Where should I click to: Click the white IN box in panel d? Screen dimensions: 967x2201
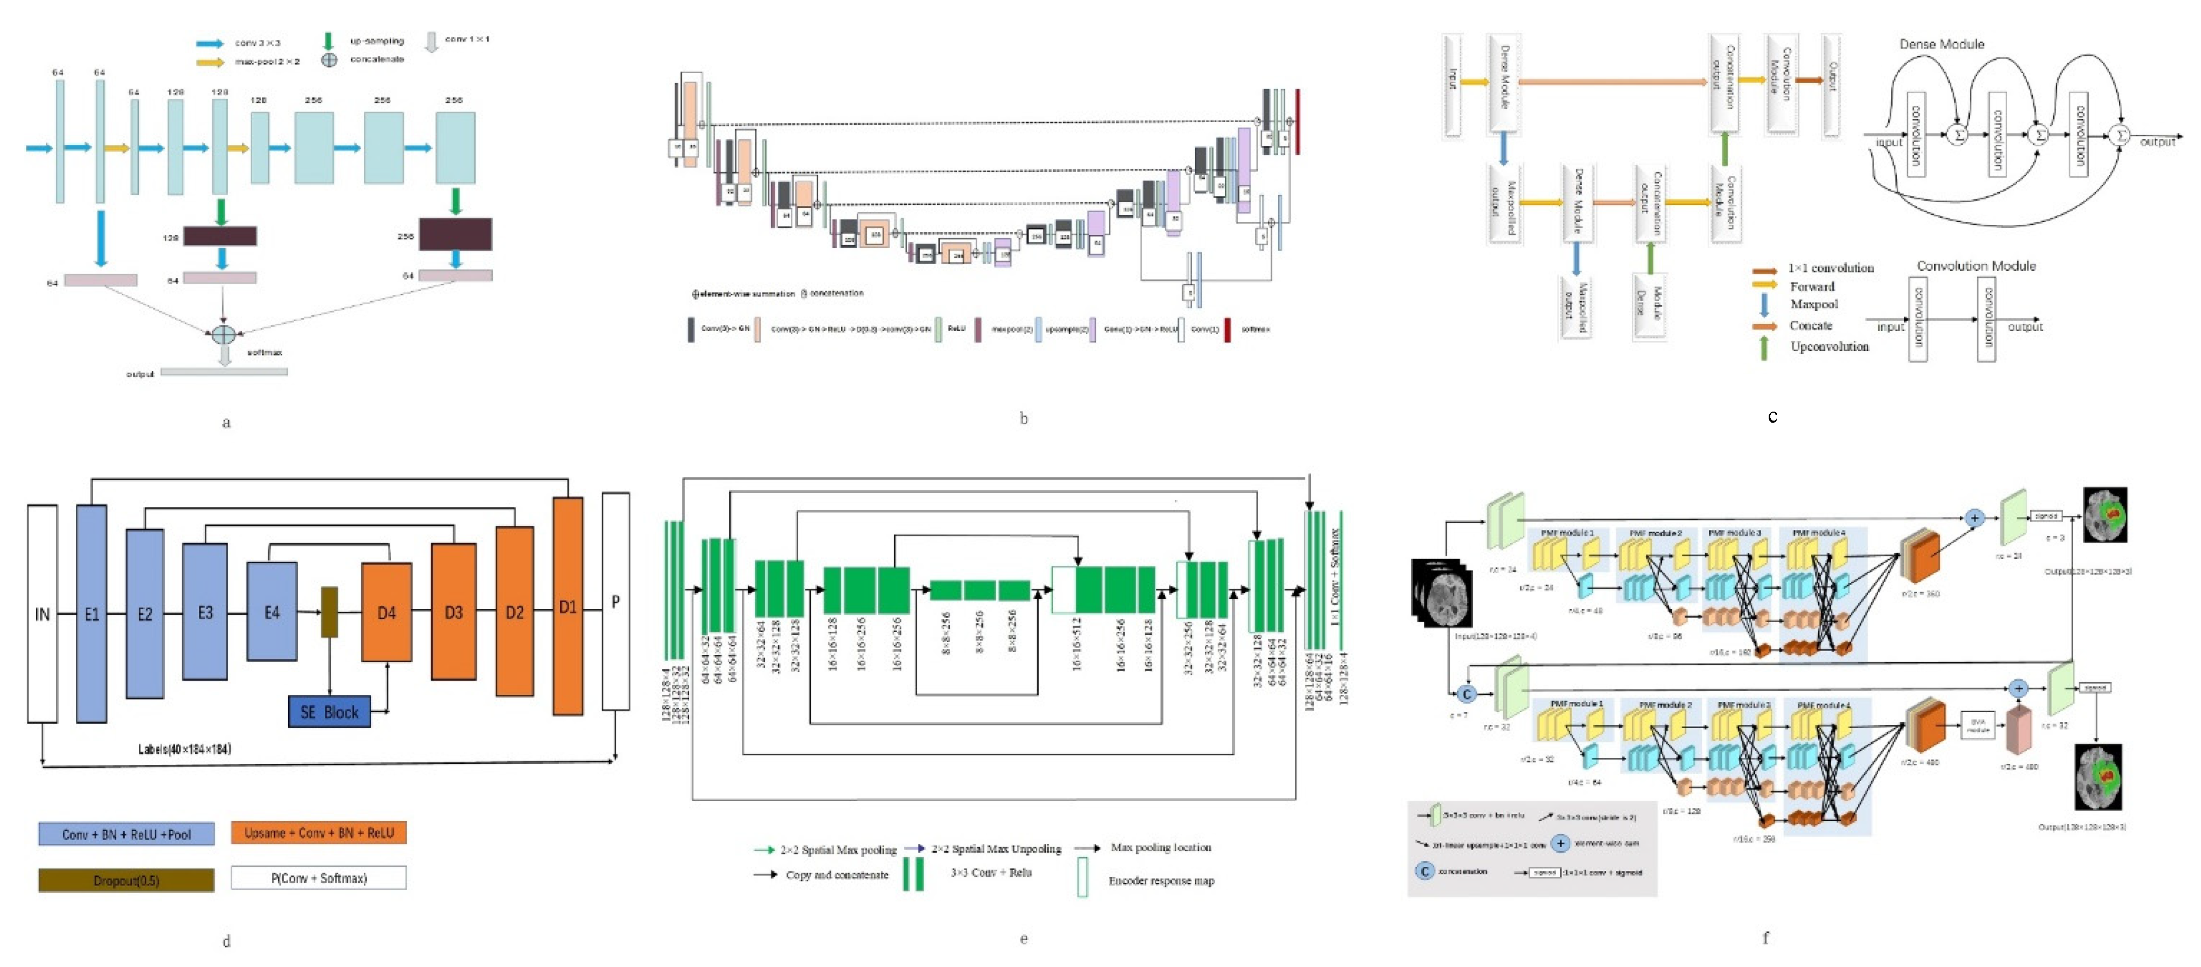tap(42, 613)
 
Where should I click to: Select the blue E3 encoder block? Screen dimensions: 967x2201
tap(205, 612)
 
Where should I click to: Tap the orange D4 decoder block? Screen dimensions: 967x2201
tap(386, 612)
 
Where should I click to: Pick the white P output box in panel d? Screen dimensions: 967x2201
tap(615, 601)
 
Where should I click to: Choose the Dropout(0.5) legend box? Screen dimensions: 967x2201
tap(126, 880)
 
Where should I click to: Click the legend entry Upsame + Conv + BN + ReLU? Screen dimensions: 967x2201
tap(319, 833)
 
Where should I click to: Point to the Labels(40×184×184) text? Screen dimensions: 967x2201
tap(184, 749)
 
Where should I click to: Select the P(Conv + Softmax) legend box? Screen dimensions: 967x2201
tap(319, 878)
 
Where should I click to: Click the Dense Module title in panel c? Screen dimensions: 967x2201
tap(1941, 44)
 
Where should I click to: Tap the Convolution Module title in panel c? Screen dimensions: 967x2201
tap(1976, 266)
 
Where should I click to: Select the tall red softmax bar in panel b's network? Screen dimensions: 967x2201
tap(1297, 121)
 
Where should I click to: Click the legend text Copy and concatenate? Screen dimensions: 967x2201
tap(837, 875)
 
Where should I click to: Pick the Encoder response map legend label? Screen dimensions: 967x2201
tap(1161, 881)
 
